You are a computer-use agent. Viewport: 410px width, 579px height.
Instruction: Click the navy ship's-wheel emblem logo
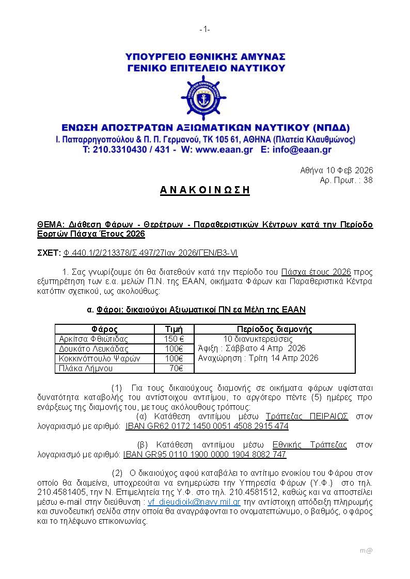pos(204,98)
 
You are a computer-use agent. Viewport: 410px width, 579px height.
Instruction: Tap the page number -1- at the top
pos(204,30)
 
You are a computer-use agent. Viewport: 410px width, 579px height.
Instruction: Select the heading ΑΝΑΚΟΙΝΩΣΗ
pos(204,190)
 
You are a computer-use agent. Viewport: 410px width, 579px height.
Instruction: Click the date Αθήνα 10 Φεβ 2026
pos(336,170)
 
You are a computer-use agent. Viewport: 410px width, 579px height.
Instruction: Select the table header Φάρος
pos(104,329)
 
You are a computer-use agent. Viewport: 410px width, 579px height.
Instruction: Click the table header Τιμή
pos(174,329)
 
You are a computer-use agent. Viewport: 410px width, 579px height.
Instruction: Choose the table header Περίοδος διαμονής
pos(274,329)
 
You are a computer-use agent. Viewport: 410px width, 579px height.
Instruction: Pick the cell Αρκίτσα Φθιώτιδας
pos(93,339)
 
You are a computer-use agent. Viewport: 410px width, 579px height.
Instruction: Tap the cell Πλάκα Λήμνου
pos(85,368)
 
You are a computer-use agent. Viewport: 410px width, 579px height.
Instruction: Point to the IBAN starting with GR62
pos(207,427)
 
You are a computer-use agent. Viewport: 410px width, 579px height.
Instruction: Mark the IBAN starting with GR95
pos(204,455)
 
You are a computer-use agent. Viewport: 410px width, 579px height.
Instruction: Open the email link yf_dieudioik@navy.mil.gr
pos(194,502)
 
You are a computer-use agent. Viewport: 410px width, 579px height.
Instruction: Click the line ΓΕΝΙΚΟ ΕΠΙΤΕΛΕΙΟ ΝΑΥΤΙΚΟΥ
pos(206,68)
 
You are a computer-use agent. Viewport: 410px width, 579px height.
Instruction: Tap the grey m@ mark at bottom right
pos(366,551)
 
